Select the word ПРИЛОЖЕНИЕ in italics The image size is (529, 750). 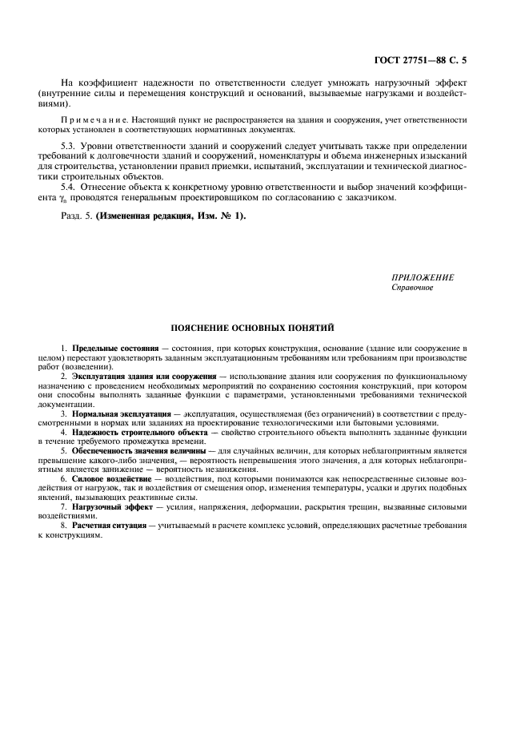(x=423, y=276)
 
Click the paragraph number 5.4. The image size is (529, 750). (x=70, y=186)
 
